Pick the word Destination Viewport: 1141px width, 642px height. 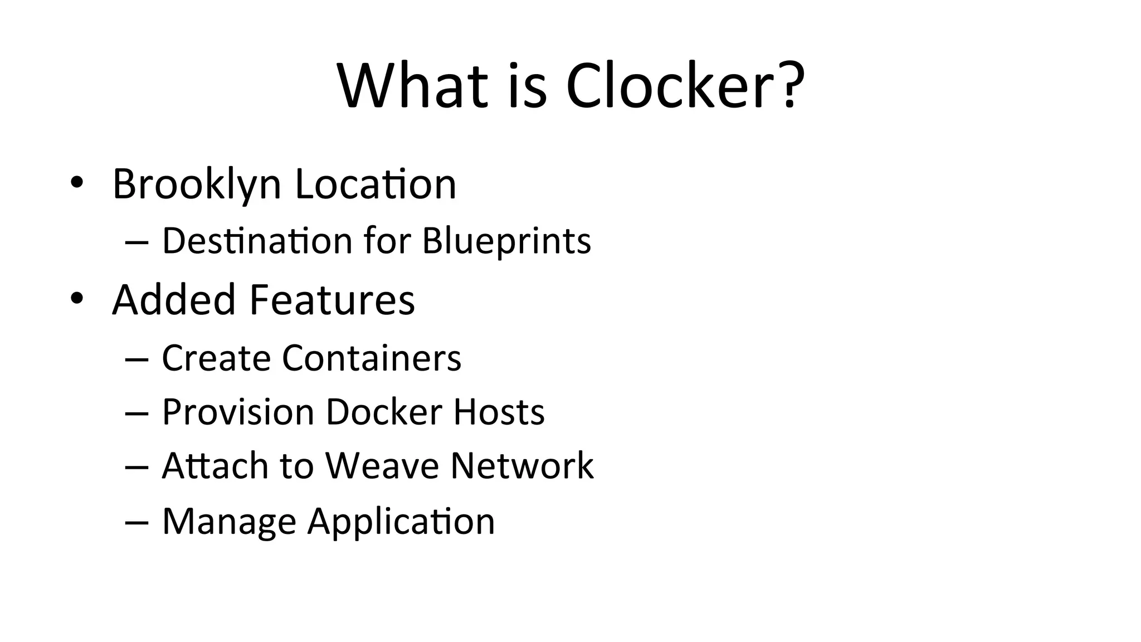257,241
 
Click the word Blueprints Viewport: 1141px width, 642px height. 506,241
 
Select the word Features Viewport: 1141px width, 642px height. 331,300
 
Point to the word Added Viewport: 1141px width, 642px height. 174,300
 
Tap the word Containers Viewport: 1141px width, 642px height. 372,357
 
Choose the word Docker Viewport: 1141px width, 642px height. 384,412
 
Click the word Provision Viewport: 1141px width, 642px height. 238,412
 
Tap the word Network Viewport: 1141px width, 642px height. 522,465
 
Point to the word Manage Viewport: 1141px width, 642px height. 228,522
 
